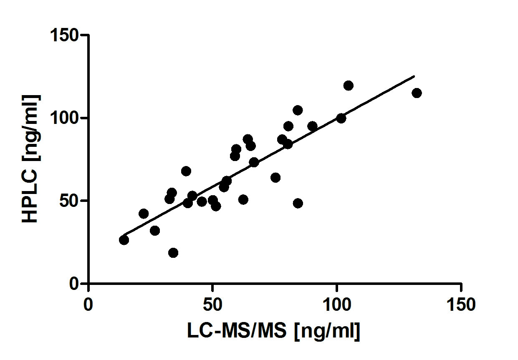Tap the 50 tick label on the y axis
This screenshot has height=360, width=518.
click(x=70, y=201)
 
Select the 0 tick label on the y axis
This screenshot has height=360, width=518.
click(x=74, y=284)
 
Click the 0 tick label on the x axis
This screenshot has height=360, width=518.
click(x=88, y=305)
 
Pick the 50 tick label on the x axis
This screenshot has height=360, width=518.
click(x=212, y=305)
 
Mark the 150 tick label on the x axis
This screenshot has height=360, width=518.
click(x=461, y=305)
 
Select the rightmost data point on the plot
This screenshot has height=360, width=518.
click(x=417, y=93)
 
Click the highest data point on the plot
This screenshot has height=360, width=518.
click(x=348, y=86)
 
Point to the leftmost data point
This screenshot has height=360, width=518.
click(x=124, y=240)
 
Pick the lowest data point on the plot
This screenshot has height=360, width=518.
click(x=173, y=252)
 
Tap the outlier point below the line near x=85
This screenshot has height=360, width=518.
click(x=298, y=203)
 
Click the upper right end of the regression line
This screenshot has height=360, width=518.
click(x=414, y=76)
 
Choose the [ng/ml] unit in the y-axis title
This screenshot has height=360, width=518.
click(x=30, y=127)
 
